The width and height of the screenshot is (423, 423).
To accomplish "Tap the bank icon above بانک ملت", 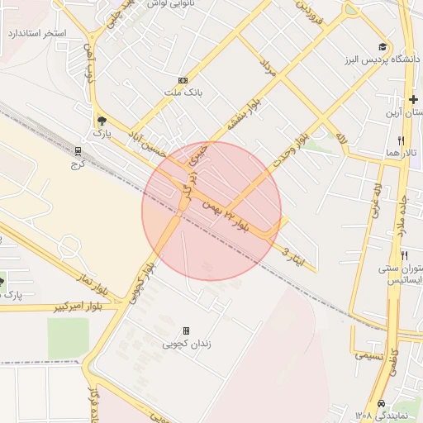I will click(183, 80).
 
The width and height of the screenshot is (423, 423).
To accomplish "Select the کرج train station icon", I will click(78, 151).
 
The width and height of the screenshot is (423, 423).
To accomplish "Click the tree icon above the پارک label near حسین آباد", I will click(102, 119).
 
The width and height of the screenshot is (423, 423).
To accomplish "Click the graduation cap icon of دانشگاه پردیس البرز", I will click(382, 47).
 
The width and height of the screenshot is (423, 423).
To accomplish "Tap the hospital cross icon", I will click(413, 100).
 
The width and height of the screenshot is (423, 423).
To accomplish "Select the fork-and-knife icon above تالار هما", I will click(401, 140).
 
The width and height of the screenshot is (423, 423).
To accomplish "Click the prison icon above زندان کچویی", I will click(185, 330).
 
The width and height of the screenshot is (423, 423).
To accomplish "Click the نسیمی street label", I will click(368, 355).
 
